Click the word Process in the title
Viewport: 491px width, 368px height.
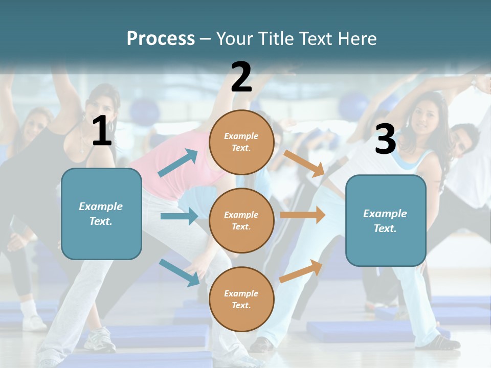click(x=161, y=38)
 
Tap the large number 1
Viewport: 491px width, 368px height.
click(x=102, y=131)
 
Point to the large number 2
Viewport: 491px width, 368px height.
click(x=241, y=77)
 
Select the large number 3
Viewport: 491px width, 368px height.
click(x=385, y=139)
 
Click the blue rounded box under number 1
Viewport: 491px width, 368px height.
click(x=101, y=214)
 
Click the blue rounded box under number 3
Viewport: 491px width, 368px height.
click(x=386, y=220)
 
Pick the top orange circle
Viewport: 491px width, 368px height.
click(x=241, y=142)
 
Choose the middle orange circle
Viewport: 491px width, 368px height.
click(x=241, y=220)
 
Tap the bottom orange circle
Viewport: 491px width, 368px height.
click(x=241, y=299)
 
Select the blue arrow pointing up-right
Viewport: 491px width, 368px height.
click(x=178, y=163)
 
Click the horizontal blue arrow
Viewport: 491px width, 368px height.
click(x=179, y=216)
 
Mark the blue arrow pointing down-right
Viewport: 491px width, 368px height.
click(x=180, y=272)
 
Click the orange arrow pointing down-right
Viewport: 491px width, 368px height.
click(x=305, y=164)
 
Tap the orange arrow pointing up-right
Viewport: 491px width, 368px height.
click(x=301, y=271)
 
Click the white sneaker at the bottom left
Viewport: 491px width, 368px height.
click(x=100, y=339)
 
